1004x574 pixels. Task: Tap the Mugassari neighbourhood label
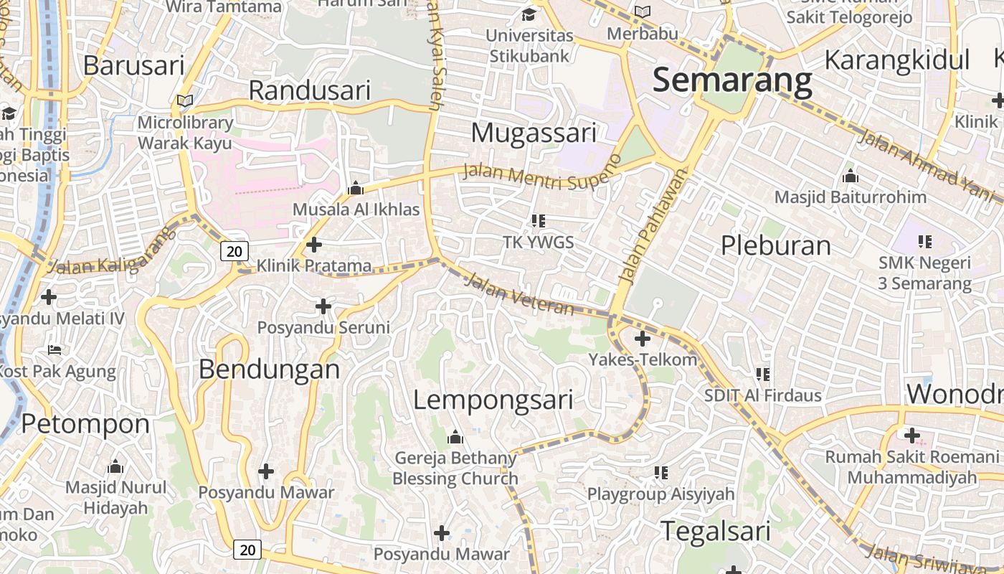click(534, 133)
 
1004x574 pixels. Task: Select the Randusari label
click(310, 90)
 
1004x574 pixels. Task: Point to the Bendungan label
click(269, 369)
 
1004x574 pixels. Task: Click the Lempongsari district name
click(493, 400)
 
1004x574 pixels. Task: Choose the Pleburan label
click(775, 245)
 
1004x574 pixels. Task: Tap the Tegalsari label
click(715, 532)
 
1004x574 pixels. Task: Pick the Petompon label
click(85, 424)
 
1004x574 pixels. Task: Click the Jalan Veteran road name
click(519, 294)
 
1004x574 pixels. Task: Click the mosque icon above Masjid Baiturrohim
click(851, 176)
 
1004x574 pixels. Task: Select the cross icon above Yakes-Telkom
click(643, 339)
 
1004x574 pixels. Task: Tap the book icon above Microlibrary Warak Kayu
click(185, 102)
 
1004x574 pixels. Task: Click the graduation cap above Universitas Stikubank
click(529, 14)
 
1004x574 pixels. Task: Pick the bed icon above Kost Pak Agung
click(55, 350)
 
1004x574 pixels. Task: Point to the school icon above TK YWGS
click(539, 221)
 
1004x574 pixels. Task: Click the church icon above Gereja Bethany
click(455, 437)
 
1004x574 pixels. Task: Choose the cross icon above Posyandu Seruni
click(323, 306)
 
